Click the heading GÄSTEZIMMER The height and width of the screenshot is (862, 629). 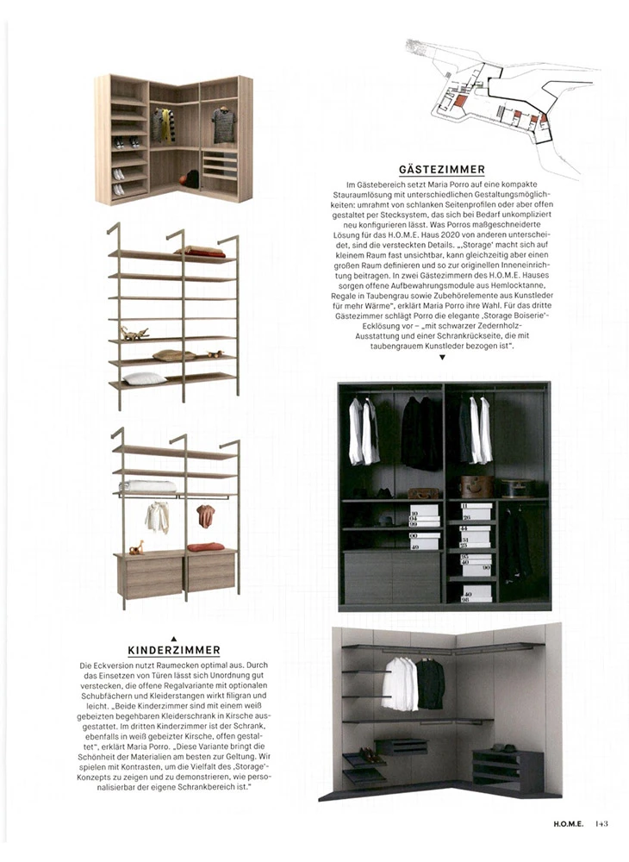[x=441, y=170]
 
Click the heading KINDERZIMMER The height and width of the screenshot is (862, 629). [x=174, y=650]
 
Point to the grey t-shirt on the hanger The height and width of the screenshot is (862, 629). [x=223, y=125]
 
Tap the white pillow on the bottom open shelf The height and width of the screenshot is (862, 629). [x=144, y=378]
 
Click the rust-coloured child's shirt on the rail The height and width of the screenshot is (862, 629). [x=205, y=515]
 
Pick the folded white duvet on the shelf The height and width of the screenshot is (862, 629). [x=147, y=486]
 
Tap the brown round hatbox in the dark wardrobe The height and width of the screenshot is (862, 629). [x=476, y=485]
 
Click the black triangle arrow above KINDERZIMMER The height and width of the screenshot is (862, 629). [x=174, y=638]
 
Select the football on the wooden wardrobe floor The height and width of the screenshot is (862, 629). [x=191, y=178]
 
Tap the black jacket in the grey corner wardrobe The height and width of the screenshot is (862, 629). [x=430, y=684]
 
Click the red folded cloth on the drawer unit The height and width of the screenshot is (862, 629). [x=206, y=547]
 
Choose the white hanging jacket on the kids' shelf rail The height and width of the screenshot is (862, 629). [x=157, y=516]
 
